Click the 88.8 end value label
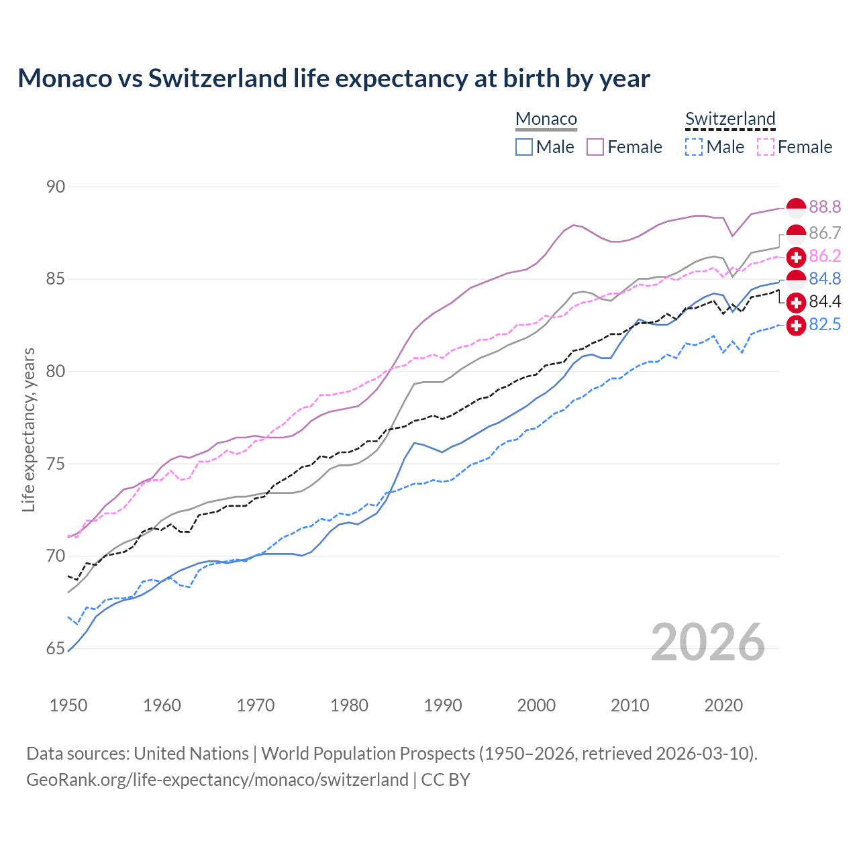click(x=825, y=207)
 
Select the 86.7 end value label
click(x=825, y=233)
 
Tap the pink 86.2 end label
click(x=825, y=256)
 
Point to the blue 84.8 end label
click(x=825, y=279)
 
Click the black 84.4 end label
click(x=825, y=301)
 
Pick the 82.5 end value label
click(x=825, y=324)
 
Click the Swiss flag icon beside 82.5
click(x=796, y=325)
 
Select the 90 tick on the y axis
click(x=56, y=187)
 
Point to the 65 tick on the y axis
click(x=56, y=648)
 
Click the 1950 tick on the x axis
click(x=68, y=705)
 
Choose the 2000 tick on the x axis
click(x=536, y=705)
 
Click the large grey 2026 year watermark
click(x=708, y=642)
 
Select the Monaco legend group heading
click(x=546, y=119)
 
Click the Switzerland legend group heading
click(x=730, y=119)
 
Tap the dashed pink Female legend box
click(x=766, y=147)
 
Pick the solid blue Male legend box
click(x=524, y=147)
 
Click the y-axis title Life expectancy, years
click(x=28, y=429)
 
